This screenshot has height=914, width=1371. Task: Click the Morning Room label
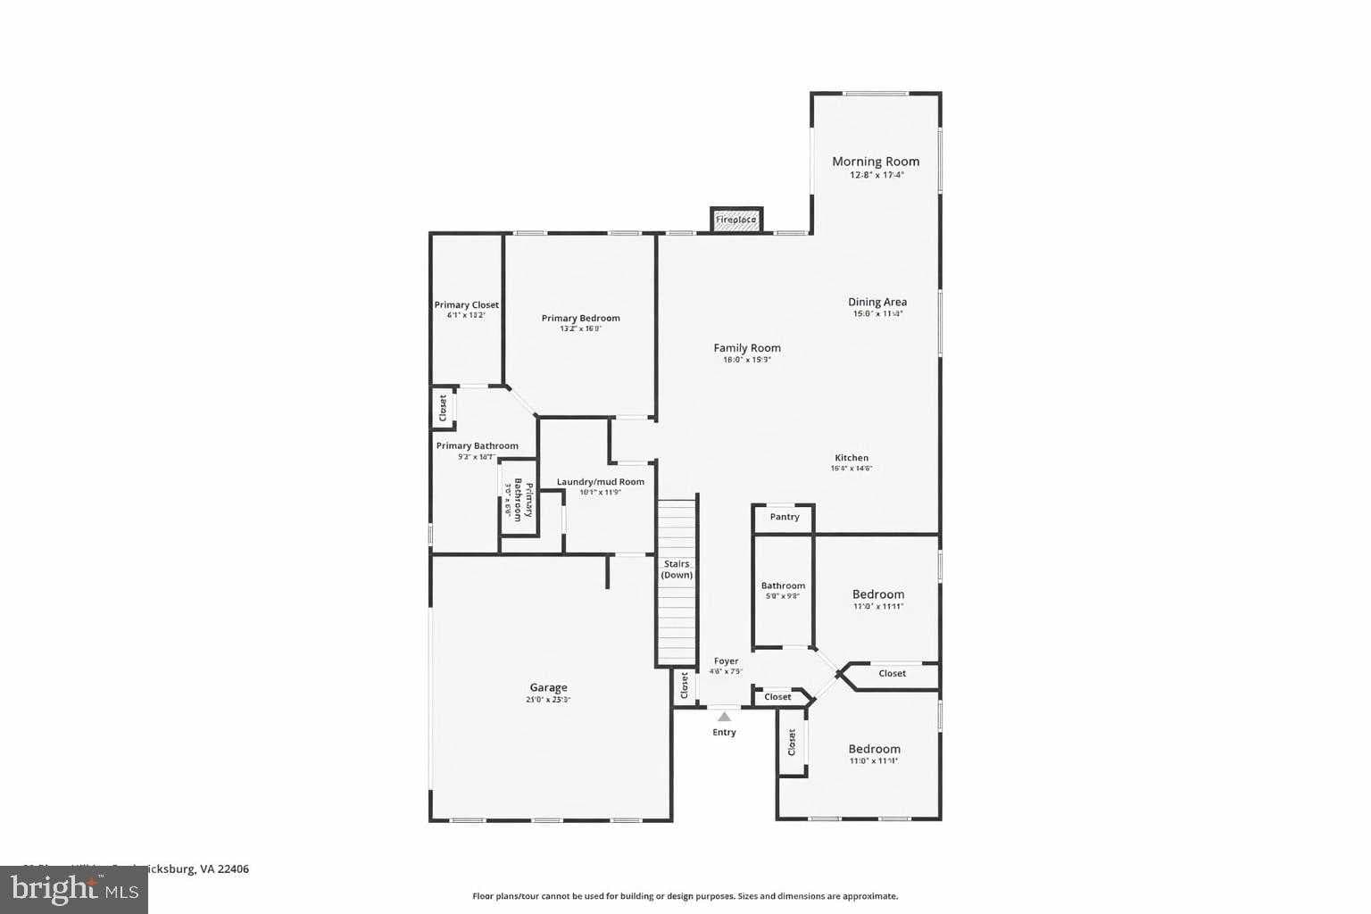tap(875, 162)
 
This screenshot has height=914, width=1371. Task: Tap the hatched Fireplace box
tap(736, 220)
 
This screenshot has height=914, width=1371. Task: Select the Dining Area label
tap(877, 302)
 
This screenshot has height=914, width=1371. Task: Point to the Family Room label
tap(746, 348)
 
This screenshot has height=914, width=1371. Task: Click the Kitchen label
tap(851, 458)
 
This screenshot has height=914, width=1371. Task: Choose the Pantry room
tap(784, 517)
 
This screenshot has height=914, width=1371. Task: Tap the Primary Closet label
tap(466, 305)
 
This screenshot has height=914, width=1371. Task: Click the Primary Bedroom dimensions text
tap(580, 329)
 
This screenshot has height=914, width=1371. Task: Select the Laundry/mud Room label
tap(600, 482)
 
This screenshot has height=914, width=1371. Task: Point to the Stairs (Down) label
tap(677, 569)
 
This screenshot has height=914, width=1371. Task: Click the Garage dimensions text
tap(548, 700)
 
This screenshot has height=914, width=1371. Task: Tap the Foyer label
tap(726, 661)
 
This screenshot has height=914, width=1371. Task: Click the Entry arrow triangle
tap(724, 716)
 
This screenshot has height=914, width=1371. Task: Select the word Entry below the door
tap(724, 732)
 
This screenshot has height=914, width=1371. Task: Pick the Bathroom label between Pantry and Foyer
tap(783, 586)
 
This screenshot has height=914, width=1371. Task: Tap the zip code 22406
tap(234, 868)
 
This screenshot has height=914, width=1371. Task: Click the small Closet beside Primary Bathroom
tap(443, 408)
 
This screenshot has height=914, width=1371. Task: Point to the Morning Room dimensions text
tap(877, 176)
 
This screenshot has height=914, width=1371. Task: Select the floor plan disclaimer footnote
tap(685, 896)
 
